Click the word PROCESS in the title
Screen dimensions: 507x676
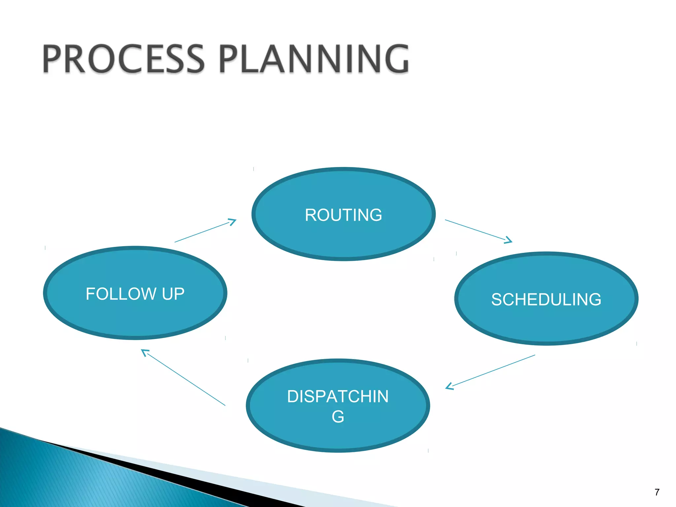pyautogui.click(x=123, y=59)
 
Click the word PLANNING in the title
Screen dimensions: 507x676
pyautogui.click(x=314, y=59)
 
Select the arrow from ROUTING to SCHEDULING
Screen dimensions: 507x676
pyautogui.click(x=475, y=230)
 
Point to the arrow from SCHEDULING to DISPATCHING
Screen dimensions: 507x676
pyautogui.click(x=492, y=371)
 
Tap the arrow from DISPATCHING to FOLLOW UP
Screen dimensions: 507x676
pyautogui.click(x=184, y=378)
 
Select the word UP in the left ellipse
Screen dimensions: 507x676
pyautogui.click(x=173, y=294)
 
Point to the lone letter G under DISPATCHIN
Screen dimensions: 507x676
pyautogui.click(x=338, y=417)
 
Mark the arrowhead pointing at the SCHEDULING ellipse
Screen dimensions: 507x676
pyautogui.click(x=509, y=241)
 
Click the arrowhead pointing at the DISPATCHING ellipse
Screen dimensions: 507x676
pyautogui.click(x=449, y=386)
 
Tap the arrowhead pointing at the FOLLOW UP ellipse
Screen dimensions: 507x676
pyautogui.click(x=145, y=352)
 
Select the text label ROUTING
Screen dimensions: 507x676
pyautogui.click(x=343, y=215)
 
